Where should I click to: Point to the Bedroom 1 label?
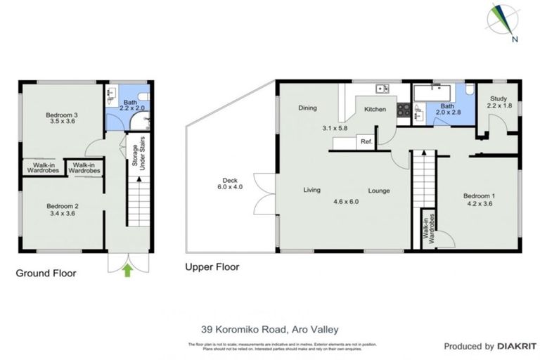[x=478, y=199]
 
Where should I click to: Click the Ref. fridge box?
[x=366, y=141]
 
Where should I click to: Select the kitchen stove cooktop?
[x=404, y=110]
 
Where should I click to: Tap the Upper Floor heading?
[x=212, y=267]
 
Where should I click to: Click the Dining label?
[x=307, y=108]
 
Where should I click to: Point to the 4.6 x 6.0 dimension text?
[x=345, y=201]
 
